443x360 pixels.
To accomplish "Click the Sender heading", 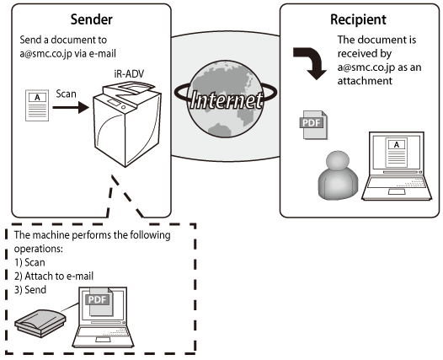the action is (91, 19).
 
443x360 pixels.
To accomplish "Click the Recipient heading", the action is (358, 19).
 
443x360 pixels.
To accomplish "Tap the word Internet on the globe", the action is (226, 99).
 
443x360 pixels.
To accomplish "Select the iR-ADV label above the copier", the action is (129, 74).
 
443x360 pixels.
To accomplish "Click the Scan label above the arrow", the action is (66, 94).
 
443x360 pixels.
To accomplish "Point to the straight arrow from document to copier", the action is (71, 107).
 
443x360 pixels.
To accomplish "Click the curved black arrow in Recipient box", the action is (311, 63).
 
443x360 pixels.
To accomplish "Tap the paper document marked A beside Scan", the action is (37, 105).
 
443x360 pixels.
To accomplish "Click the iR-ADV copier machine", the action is (128, 124).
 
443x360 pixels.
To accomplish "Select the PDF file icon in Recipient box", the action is (313, 125).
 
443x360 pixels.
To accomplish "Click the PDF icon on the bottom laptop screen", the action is (99, 301).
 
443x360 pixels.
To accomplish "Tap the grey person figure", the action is (338, 175).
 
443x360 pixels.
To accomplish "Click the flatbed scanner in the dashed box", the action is (40, 323).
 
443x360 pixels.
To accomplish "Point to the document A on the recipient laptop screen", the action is (397, 153).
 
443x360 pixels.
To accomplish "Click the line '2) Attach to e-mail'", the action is (54, 276).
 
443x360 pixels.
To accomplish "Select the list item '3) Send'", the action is (30, 289).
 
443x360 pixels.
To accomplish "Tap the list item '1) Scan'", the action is (29, 262).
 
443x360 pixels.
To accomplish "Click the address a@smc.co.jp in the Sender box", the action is (45, 54).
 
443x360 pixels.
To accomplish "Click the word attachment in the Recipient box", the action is (365, 81).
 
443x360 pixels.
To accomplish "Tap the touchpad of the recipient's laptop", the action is (397, 191).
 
